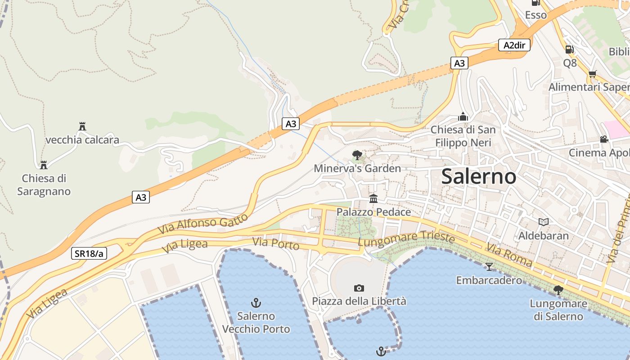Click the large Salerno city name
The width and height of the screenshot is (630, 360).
tap(478, 176)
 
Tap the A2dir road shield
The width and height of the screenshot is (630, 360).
tap(514, 45)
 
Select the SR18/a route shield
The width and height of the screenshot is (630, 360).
tap(89, 253)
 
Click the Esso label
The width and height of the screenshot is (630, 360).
tap(535, 15)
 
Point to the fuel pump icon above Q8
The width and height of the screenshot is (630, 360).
tap(569, 49)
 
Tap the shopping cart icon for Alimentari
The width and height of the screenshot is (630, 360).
tap(592, 74)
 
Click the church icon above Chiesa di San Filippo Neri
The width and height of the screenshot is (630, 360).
tap(463, 117)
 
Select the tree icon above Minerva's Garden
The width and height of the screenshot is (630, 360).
tap(357, 155)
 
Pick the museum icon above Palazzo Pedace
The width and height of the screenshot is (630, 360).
tap(373, 198)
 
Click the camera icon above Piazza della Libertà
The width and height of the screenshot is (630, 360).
tap(359, 288)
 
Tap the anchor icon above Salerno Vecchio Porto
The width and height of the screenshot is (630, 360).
tap(256, 302)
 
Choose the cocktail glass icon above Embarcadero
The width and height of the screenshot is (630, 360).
tap(489, 267)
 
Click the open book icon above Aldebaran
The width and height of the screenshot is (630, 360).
tap(544, 222)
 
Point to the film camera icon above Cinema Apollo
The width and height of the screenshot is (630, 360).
tap(604, 139)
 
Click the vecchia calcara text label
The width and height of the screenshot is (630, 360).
tap(82, 140)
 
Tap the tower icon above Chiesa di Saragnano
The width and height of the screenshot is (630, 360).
tap(44, 165)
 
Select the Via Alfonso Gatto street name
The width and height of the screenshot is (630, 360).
tap(202, 224)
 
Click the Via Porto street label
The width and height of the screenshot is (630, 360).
tap(276, 243)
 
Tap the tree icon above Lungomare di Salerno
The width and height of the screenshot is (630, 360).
tap(558, 290)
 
